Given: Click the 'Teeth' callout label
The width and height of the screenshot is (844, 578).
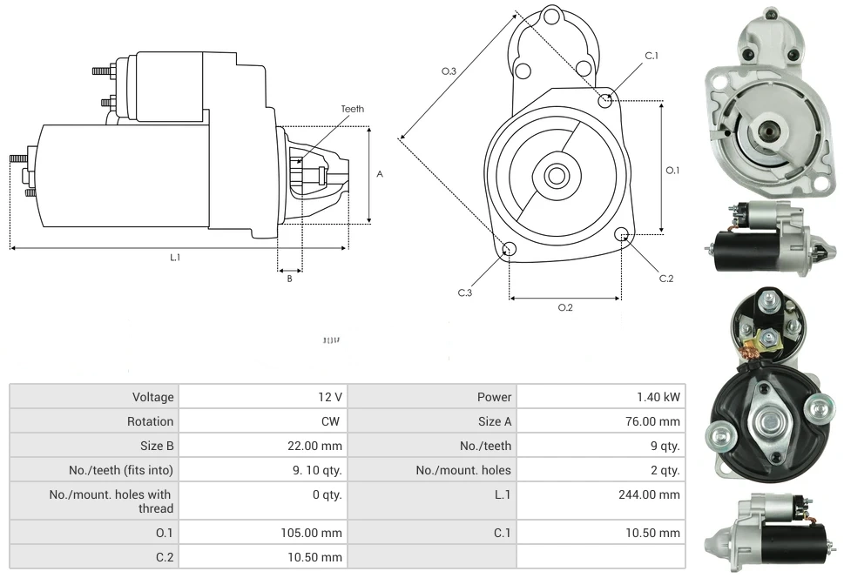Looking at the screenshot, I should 352,109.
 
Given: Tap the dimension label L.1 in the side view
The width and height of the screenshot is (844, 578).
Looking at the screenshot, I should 175,257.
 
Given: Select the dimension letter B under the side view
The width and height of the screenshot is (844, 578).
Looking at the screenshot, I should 289,279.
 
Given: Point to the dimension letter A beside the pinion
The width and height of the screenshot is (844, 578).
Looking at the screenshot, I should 380,174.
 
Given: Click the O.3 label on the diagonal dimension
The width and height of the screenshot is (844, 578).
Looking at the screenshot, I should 449,71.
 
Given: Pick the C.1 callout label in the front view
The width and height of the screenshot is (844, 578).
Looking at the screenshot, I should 652,56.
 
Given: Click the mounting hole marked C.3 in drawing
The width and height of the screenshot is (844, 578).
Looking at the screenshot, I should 510,251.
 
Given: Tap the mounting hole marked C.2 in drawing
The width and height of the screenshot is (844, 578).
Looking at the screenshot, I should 622,234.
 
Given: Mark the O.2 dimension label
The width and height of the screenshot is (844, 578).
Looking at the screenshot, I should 565,307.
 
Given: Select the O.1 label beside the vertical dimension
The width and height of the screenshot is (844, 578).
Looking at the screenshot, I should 672,171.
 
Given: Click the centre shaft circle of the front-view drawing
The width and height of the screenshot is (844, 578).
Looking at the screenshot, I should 556,176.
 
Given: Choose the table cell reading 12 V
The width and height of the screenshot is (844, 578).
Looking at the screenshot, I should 330,397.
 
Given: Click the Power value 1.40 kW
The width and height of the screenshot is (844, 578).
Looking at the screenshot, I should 658,397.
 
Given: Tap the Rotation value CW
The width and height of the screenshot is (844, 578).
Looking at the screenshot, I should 334,421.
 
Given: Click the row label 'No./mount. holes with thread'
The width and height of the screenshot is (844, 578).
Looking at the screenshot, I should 111,501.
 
